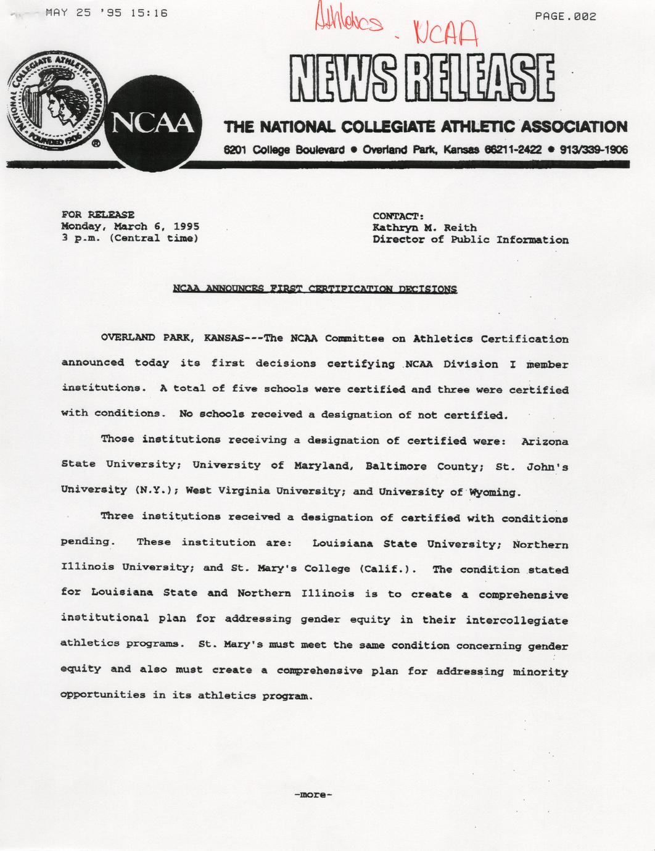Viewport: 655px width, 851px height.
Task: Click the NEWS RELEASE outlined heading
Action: (x=421, y=77)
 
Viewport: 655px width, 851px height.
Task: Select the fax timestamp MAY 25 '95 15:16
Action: (x=107, y=12)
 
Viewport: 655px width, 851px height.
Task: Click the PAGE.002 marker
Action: (x=565, y=17)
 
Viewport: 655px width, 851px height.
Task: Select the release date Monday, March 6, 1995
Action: (x=130, y=226)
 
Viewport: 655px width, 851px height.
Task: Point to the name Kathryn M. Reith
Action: (x=424, y=228)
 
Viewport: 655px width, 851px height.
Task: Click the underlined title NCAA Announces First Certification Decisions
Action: (x=315, y=289)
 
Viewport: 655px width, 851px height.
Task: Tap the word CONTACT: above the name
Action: (x=398, y=216)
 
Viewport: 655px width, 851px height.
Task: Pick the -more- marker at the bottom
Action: (x=313, y=795)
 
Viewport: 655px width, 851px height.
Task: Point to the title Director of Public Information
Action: (x=470, y=240)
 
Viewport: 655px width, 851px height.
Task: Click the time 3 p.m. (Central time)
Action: (x=130, y=238)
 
